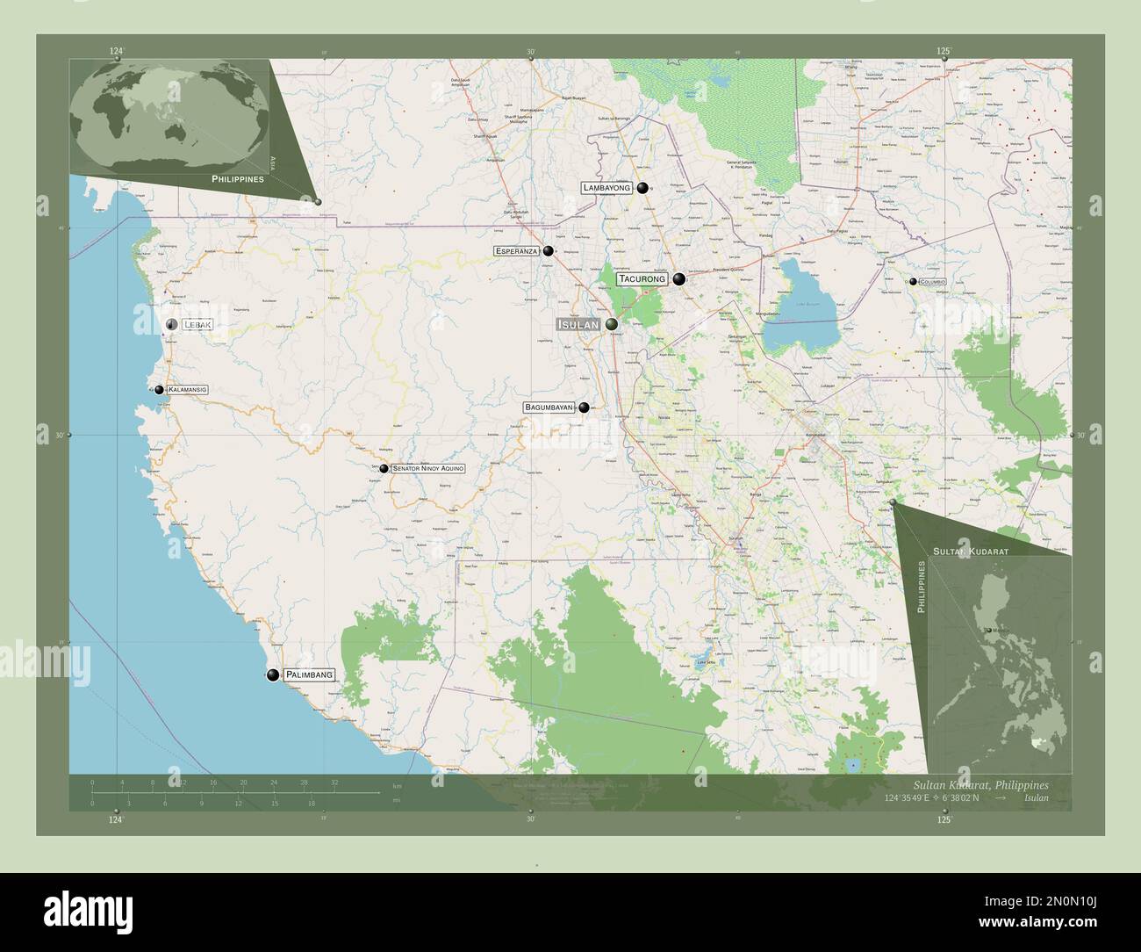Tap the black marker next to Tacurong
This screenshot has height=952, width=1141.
(679, 279)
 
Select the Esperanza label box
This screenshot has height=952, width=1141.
(517, 251)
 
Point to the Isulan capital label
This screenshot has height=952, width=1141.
(578, 325)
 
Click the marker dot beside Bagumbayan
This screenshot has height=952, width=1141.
(584, 407)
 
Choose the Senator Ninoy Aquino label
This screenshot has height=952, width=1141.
(428, 469)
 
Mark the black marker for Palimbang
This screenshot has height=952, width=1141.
(273, 674)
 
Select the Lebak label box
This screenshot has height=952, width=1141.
(197, 325)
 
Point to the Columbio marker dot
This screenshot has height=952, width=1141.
(914, 281)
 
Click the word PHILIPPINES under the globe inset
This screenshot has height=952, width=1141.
(237, 178)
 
